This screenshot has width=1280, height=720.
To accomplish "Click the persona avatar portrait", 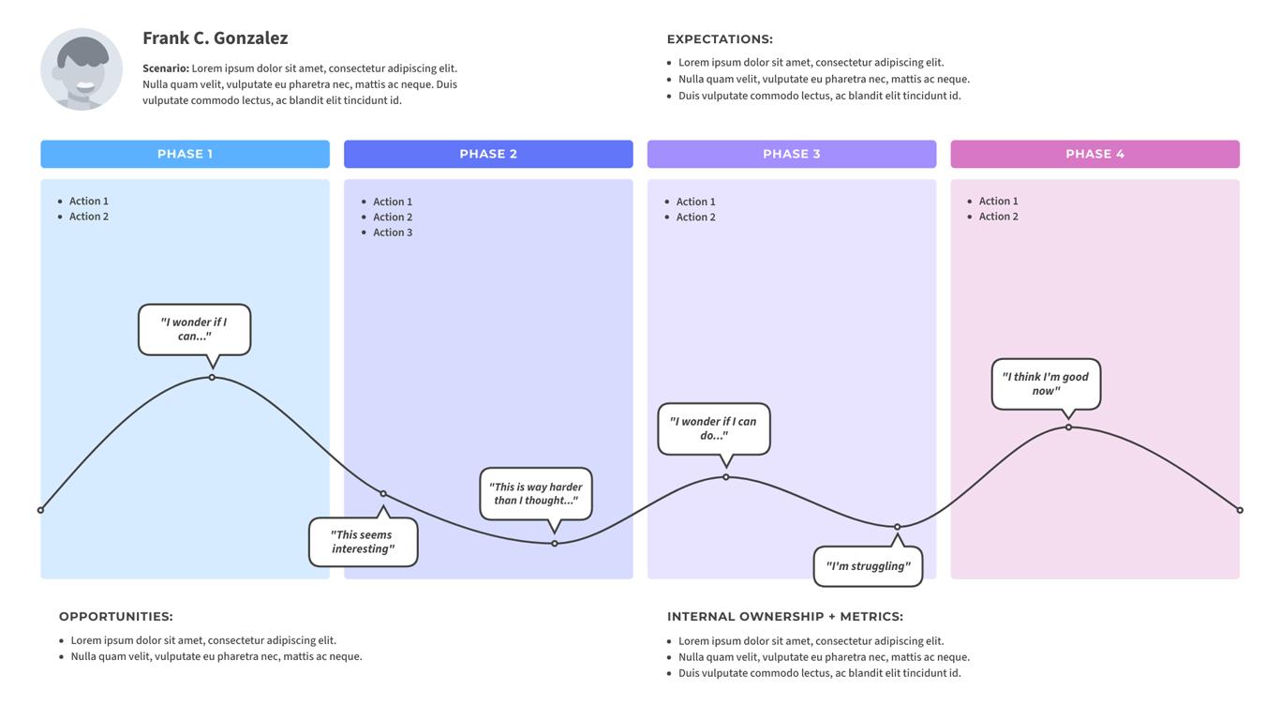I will [82, 69].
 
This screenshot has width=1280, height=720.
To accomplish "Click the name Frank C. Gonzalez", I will [215, 38].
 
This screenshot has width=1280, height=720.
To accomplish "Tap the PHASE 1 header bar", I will [185, 154].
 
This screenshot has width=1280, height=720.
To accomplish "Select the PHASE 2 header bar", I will [488, 154].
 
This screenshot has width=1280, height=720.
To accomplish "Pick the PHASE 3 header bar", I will [792, 154].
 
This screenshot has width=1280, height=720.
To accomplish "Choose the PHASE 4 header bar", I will [1094, 154].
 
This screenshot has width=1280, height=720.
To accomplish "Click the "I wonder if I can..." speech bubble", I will [194, 329].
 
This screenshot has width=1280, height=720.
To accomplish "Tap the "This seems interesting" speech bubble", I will [363, 542].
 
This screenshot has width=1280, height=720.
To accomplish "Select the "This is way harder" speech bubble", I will [536, 493].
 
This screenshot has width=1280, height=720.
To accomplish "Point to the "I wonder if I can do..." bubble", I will [714, 428].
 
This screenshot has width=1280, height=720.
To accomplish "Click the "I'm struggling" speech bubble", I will [868, 566].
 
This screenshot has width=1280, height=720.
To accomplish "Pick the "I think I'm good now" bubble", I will [1046, 383].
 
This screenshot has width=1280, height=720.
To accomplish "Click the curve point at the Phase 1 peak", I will [212, 377].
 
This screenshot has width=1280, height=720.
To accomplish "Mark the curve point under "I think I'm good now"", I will [1068, 427].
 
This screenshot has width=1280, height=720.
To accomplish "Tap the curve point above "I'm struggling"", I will [897, 527].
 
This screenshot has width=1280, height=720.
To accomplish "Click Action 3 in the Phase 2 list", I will [393, 232].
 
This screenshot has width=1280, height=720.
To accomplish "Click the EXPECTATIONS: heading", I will [720, 39].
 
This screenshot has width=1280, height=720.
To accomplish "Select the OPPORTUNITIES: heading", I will [116, 617].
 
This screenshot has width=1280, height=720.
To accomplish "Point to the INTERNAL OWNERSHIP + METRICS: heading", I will [785, 617].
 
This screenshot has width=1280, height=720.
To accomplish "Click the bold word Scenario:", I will [166, 68].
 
